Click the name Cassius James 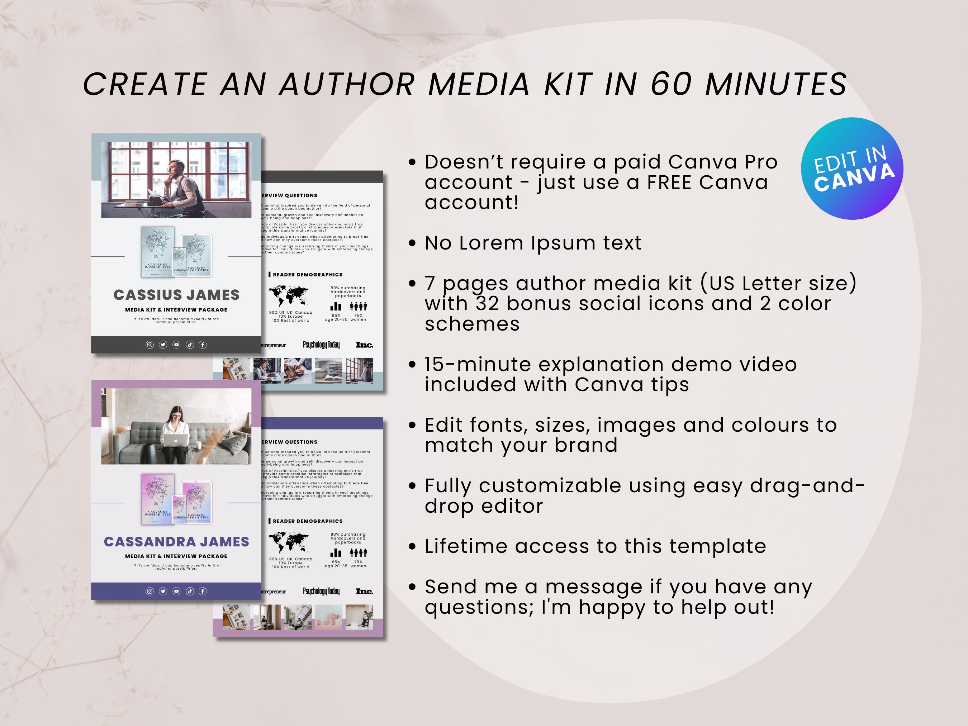click(x=176, y=295)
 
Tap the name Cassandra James click(x=176, y=542)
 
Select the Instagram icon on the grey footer click(x=150, y=345)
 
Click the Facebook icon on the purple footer click(x=203, y=591)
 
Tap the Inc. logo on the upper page click(x=364, y=345)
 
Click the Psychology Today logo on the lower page click(x=321, y=591)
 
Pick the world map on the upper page click(x=289, y=296)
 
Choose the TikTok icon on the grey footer click(x=190, y=345)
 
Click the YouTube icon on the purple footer click(x=176, y=591)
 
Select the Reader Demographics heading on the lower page click(x=307, y=521)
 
